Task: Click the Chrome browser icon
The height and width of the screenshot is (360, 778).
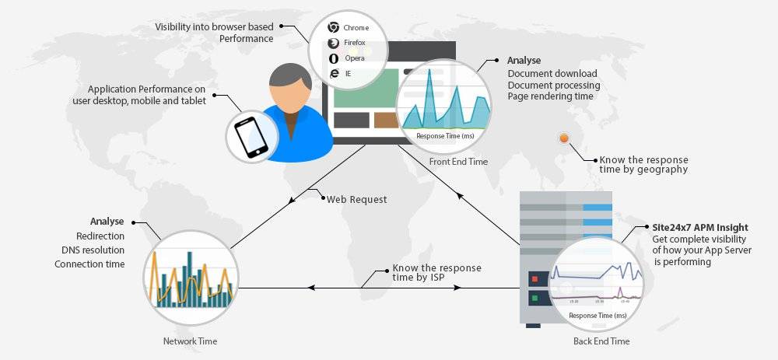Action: [x=333, y=27]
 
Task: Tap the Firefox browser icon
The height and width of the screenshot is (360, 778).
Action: [x=333, y=43]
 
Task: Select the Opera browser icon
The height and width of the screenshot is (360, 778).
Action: [x=334, y=58]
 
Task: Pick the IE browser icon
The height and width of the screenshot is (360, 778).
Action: [x=334, y=73]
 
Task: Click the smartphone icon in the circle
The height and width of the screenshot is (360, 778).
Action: [x=251, y=137]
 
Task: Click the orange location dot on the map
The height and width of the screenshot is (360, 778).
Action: [x=564, y=138]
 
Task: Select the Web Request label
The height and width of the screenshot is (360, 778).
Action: [x=356, y=199]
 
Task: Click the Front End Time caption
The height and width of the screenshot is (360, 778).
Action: [x=458, y=162]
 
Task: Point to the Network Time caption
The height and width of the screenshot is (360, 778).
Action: [x=190, y=341]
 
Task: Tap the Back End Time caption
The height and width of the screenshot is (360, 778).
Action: [x=601, y=341]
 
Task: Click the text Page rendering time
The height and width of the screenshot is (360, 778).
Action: [x=552, y=96]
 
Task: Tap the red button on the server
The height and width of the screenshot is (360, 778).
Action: [x=534, y=278]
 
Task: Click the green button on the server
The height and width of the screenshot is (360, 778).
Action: [x=534, y=298]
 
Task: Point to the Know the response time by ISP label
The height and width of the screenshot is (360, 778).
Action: [x=436, y=272]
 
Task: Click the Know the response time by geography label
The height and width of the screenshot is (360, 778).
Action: [x=643, y=164]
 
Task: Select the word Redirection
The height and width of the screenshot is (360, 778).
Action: [x=100, y=236]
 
